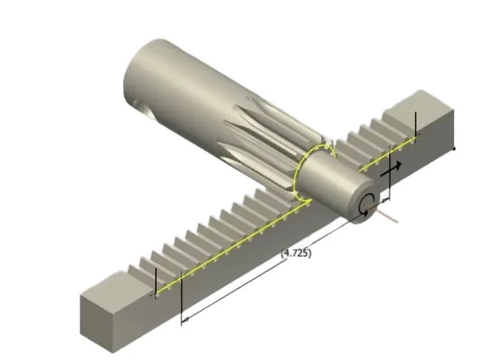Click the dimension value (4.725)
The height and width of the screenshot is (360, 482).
(296, 253)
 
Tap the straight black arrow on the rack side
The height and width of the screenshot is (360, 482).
(391, 170)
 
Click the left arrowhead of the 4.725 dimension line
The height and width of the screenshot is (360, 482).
(185, 321)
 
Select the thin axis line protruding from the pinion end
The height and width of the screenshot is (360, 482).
(384, 213)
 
